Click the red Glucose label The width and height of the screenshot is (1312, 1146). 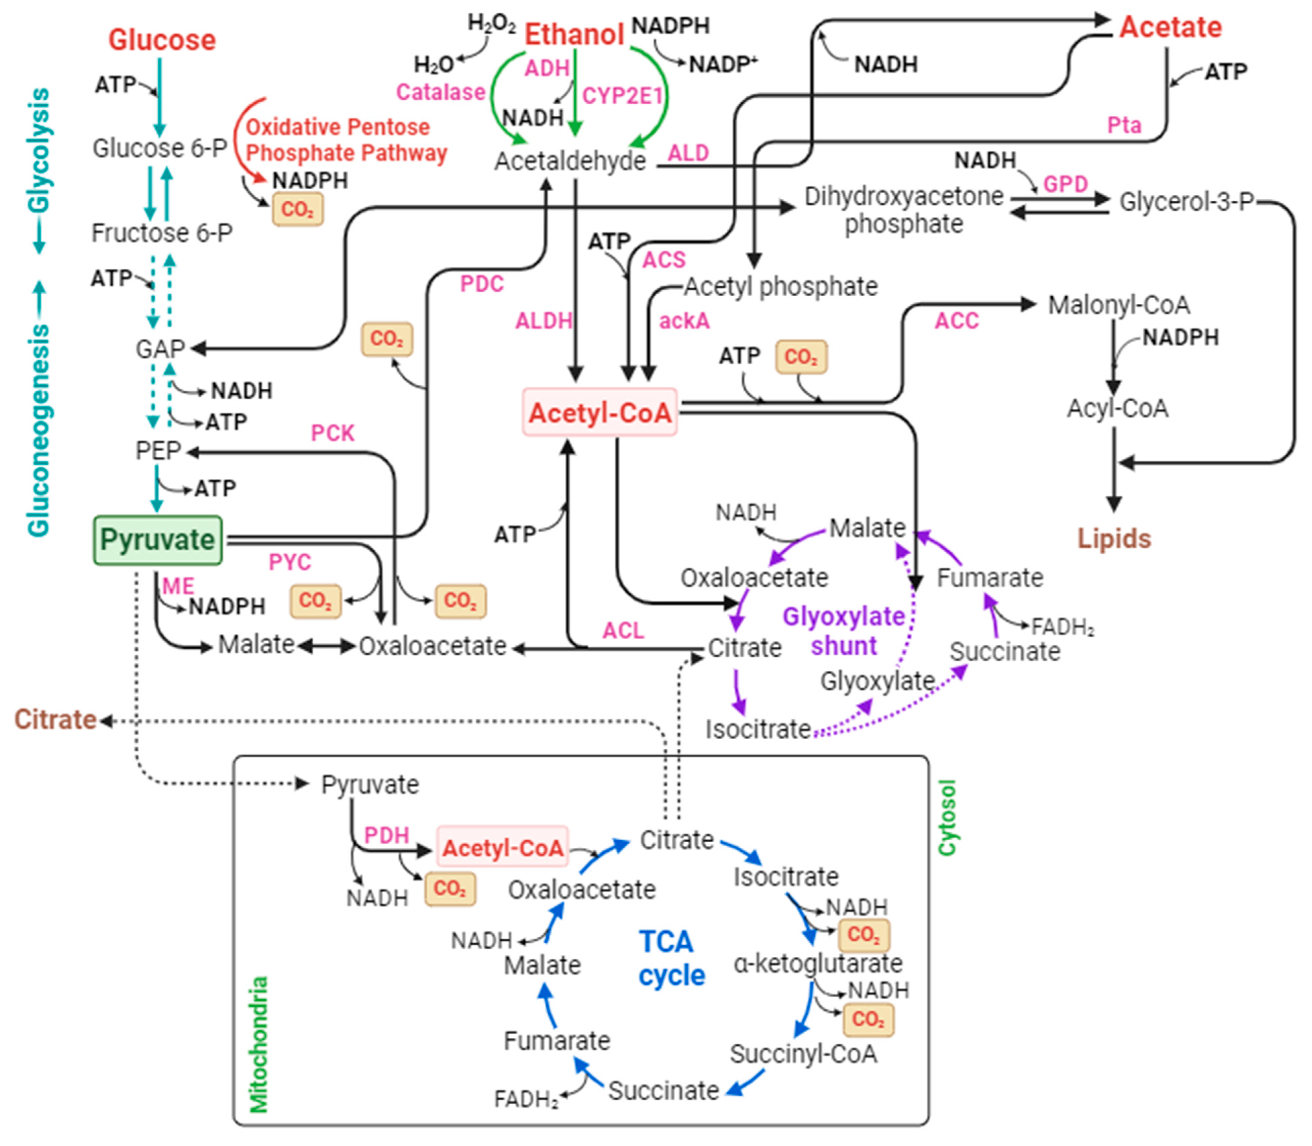click(162, 40)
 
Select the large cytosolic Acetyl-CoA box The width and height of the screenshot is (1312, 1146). click(600, 412)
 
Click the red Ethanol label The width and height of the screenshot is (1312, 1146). click(574, 35)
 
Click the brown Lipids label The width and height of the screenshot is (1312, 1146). click(1114, 539)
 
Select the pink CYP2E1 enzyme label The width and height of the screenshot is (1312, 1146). click(622, 96)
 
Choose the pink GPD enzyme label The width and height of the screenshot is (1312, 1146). click(1065, 184)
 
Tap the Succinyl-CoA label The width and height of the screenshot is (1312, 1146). click(803, 1054)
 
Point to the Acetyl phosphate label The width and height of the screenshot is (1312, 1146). click(781, 287)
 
